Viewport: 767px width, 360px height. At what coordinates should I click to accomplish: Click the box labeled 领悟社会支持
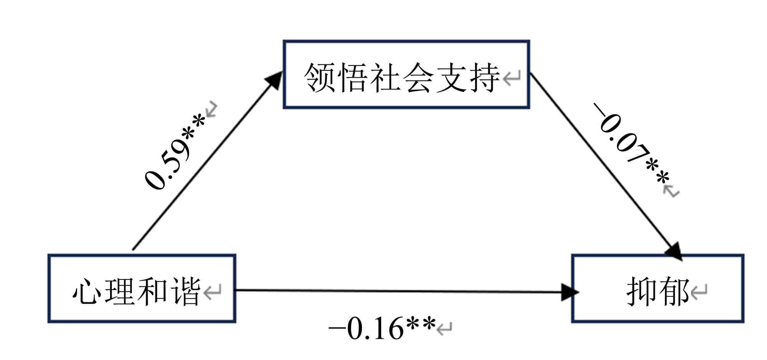(407, 74)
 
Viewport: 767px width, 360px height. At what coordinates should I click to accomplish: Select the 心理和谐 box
(142, 288)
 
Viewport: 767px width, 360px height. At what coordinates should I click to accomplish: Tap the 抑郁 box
(658, 288)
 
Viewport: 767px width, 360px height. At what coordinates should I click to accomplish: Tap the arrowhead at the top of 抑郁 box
(674, 251)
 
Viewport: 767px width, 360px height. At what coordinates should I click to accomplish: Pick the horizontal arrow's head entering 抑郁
(569, 292)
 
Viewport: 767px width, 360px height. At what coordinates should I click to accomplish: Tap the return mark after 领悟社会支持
(512, 79)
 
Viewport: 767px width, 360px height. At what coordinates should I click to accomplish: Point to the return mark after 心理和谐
(212, 292)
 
